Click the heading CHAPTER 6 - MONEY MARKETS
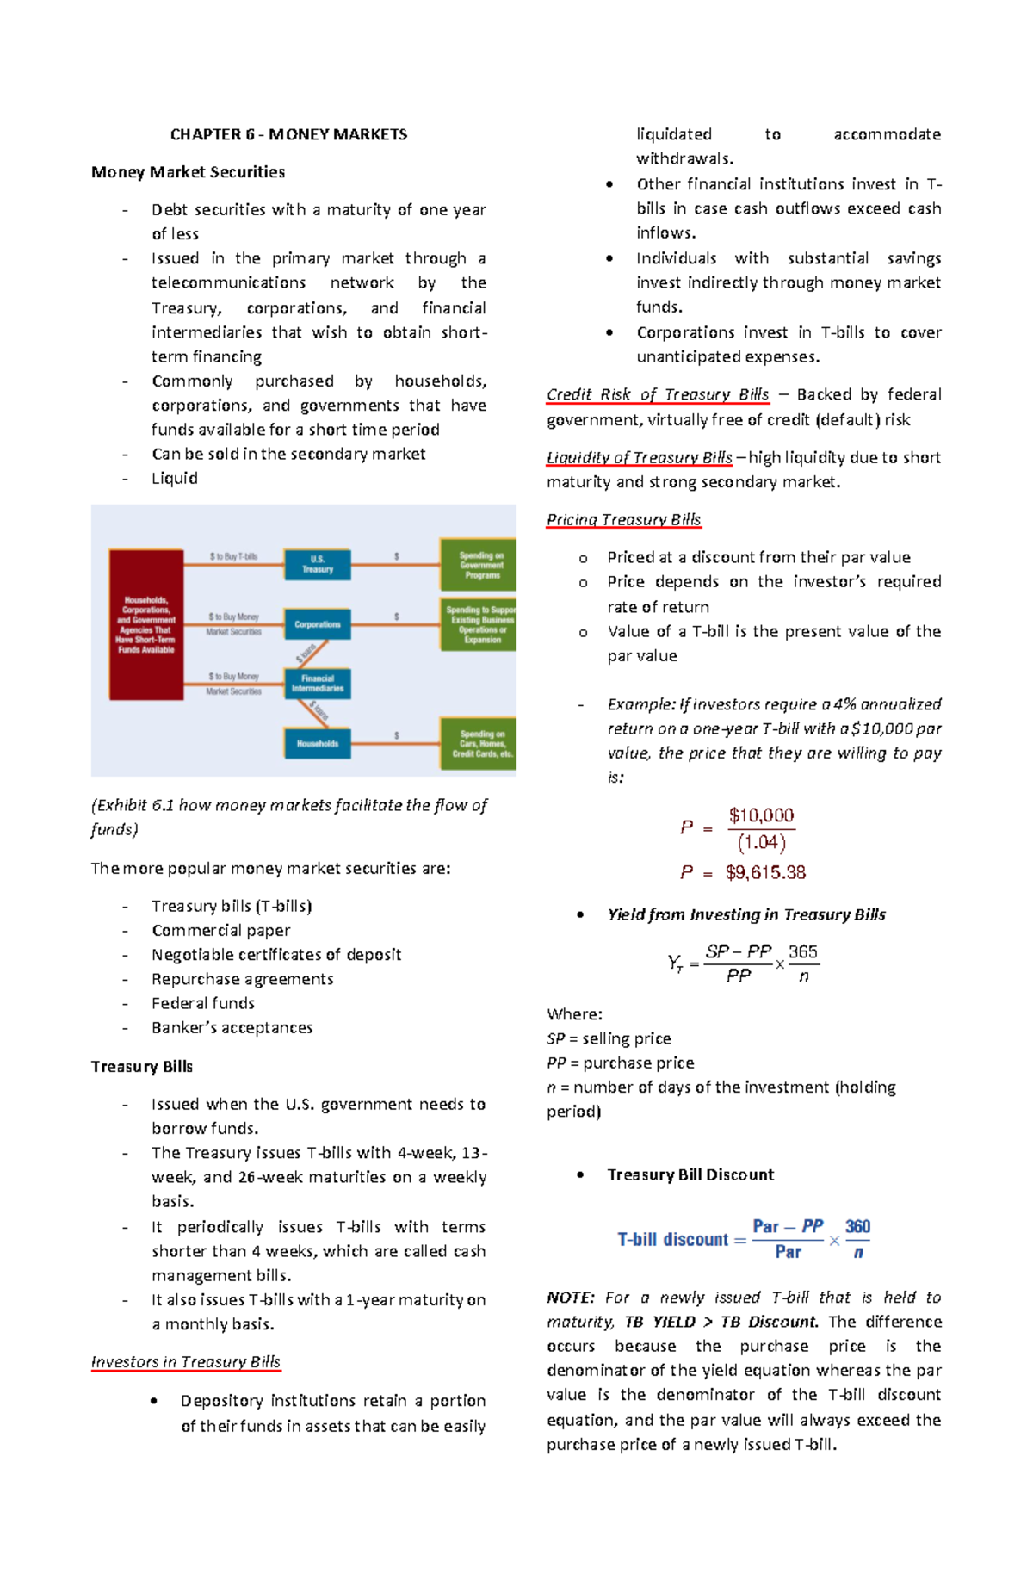pos(288,134)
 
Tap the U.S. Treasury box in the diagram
pos(317,564)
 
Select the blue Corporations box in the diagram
pos(317,624)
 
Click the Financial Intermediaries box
pos(317,684)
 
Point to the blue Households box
pos(317,743)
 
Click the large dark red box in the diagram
pos(145,624)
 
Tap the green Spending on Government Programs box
pos(479,565)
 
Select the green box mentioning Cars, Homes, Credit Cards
pos(479,743)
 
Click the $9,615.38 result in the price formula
pos(765,872)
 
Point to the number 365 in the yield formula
pos(802,951)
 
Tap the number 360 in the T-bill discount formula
pos(857,1226)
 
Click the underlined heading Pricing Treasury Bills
pos(623,519)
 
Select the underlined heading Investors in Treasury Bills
pos(186,1361)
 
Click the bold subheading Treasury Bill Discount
pos(690,1174)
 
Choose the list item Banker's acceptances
pos(232,1027)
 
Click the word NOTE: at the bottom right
pos(571,1297)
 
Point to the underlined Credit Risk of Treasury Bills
pos(658,394)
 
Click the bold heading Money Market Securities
pos(188,171)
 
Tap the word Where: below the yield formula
pos(574,1013)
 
